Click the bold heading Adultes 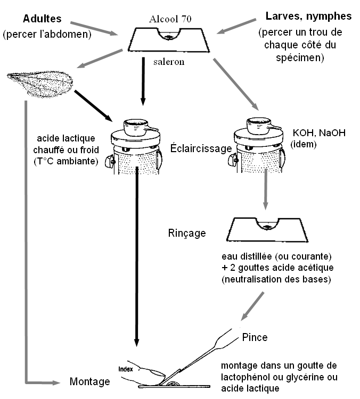42,19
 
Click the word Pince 255,337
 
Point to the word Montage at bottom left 89,381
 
